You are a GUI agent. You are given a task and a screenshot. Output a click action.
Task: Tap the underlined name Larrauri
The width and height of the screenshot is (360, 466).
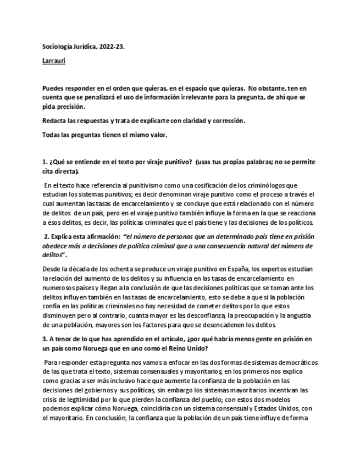(x=54, y=61)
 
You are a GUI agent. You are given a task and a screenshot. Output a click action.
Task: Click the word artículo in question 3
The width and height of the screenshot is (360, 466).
(x=177, y=339)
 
